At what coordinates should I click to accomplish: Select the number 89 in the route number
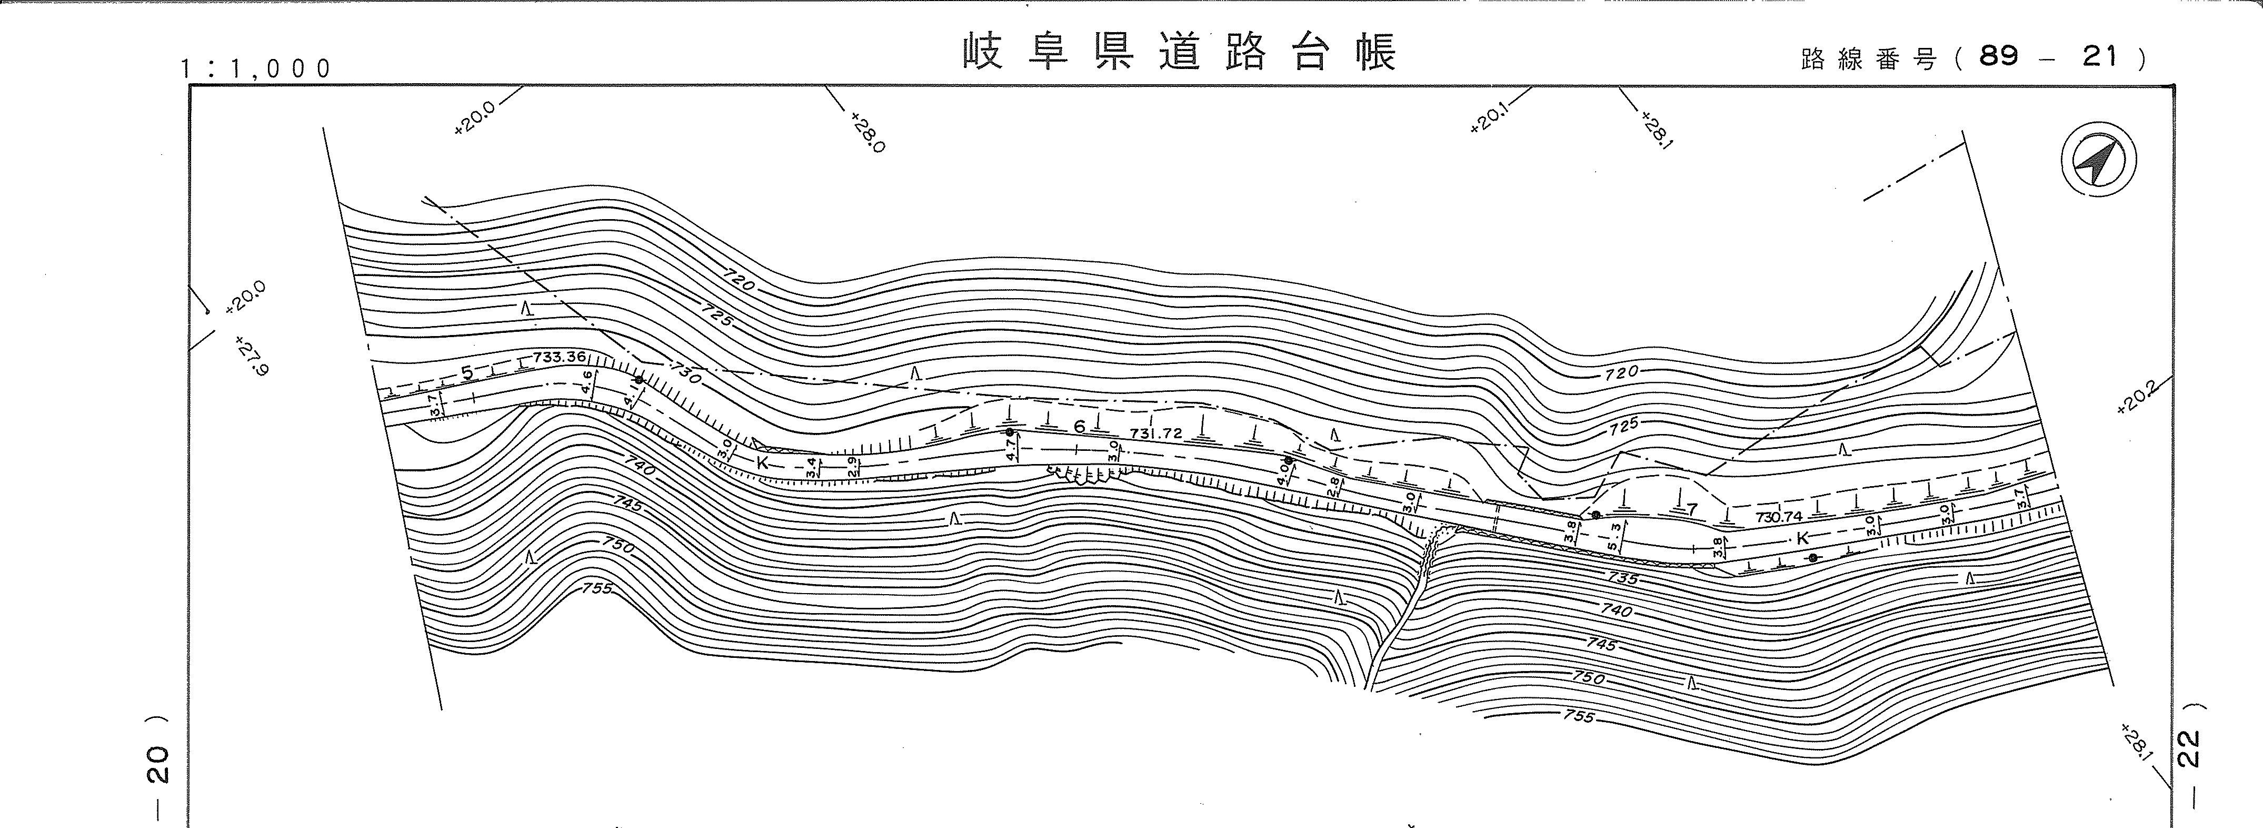1999,57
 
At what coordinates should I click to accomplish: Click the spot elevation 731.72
1157,433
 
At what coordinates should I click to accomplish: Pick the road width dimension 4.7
1011,450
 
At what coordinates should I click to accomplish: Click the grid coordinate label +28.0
867,131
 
